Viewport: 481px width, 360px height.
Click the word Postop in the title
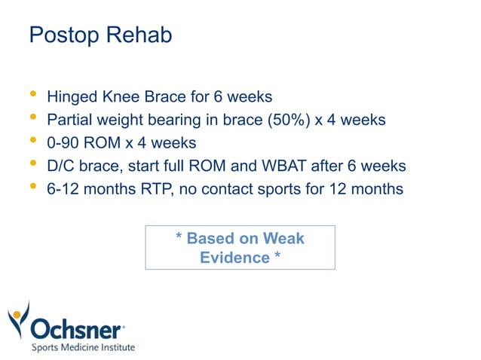pos(63,35)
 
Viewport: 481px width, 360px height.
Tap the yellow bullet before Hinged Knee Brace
pos(32,96)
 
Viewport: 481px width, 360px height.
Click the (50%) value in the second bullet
pos(277,120)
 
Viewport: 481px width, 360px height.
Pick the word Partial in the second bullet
pos(69,120)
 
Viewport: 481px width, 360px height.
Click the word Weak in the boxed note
pos(284,238)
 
